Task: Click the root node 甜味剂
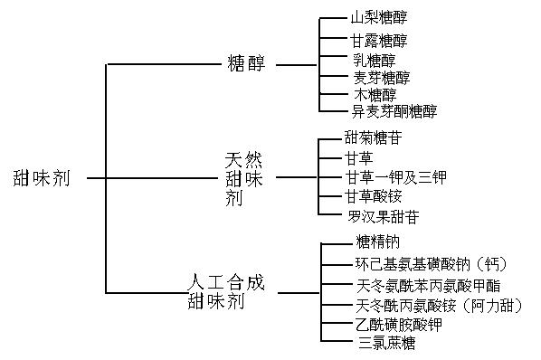pyautogui.click(x=44, y=177)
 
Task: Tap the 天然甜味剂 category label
pyautogui.click(x=244, y=178)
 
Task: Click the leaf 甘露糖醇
pyautogui.click(x=379, y=41)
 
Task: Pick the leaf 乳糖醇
pyautogui.click(x=375, y=59)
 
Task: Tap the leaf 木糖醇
pyautogui.click(x=375, y=94)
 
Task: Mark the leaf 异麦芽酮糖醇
pyautogui.click(x=394, y=111)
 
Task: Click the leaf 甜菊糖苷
pyautogui.click(x=373, y=138)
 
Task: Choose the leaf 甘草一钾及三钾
pyautogui.click(x=395, y=177)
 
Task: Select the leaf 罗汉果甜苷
pyautogui.click(x=384, y=217)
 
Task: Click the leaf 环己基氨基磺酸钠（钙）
pyautogui.click(x=430, y=264)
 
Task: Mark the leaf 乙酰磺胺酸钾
pyautogui.click(x=391, y=324)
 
